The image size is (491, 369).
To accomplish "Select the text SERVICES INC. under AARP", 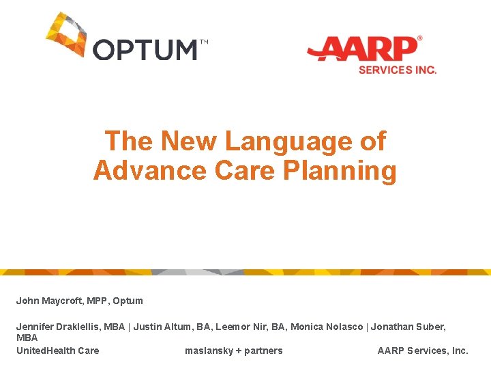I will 398,70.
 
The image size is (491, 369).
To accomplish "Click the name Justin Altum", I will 161,327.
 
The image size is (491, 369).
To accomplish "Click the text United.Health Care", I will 57,351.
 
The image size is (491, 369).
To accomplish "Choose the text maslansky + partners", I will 233,351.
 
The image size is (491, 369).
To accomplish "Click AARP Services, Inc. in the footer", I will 423,351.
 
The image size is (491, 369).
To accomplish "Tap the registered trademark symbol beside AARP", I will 419,39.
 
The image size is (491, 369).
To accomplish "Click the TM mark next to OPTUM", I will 204,42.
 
